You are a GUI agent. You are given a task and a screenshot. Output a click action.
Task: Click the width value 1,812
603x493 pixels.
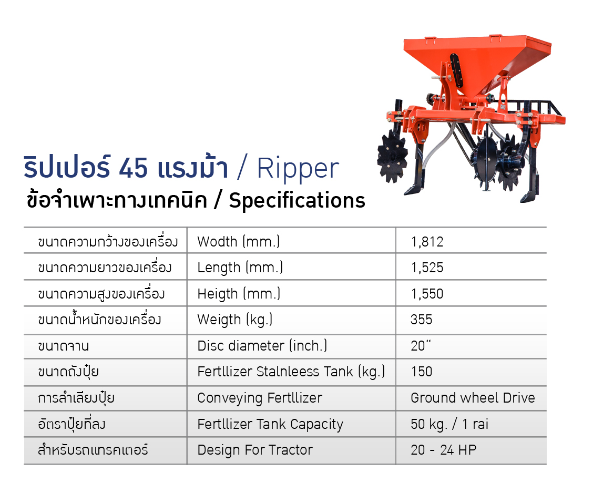tap(427, 242)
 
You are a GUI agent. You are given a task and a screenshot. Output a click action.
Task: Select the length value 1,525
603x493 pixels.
tap(427, 268)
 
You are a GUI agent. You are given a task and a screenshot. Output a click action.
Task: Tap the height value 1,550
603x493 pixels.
tap(427, 294)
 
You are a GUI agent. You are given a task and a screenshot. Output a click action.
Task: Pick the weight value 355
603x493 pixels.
tap(421, 320)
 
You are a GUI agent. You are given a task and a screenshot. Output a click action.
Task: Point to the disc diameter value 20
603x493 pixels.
tap(421, 346)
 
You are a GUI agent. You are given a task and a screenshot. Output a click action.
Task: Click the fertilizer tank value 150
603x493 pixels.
tap(422, 372)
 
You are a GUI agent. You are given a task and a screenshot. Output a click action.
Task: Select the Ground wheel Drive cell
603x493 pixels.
tap(473, 398)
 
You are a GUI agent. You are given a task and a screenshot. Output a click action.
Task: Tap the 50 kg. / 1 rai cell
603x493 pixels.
tap(449, 424)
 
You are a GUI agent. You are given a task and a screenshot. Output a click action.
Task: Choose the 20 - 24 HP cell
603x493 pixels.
tap(443, 450)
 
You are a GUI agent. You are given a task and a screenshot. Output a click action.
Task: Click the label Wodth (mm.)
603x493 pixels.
tap(239, 242)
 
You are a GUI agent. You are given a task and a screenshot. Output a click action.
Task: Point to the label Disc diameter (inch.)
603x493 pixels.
tap(262, 346)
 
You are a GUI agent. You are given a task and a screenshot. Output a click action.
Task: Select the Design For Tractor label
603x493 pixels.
tap(255, 450)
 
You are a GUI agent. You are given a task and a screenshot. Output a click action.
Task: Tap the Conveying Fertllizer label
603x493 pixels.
tap(260, 398)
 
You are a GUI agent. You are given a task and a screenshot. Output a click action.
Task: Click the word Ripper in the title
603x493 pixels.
tap(298, 169)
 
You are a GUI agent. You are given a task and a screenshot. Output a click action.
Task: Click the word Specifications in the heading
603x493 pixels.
tap(297, 201)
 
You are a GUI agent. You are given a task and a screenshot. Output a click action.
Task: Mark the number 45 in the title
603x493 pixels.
tap(133, 168)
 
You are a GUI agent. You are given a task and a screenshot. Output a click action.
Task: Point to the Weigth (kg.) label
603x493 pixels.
tap(234, 320)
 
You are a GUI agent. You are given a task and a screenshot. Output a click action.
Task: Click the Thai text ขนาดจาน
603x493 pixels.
tap(64, 346)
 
